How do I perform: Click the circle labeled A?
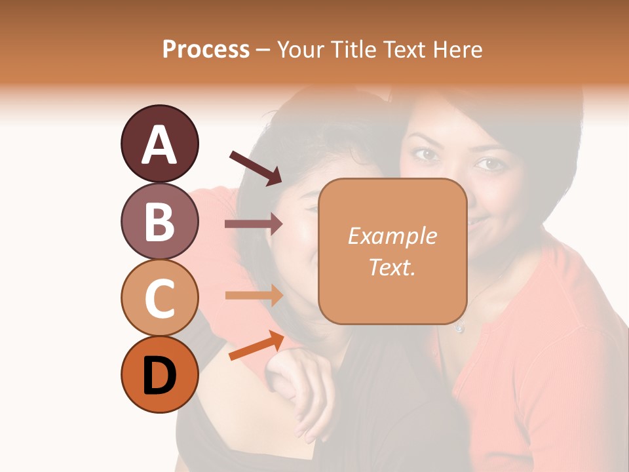point(159,144)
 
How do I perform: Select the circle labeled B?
point(159,221)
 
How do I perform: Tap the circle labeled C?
point(159,298)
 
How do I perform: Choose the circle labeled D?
point(159,375)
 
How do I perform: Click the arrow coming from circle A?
point(256,168)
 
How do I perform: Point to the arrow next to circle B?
point(254,224)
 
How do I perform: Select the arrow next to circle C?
point(254,295)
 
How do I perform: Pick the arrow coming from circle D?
point(256,346)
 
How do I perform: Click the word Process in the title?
point(206,49)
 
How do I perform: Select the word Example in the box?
point(392,236)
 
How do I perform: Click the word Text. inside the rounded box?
point(392,267)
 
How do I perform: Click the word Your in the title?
point(298,49)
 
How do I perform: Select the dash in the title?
point(263,50)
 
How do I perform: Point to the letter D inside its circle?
point(159,376)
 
